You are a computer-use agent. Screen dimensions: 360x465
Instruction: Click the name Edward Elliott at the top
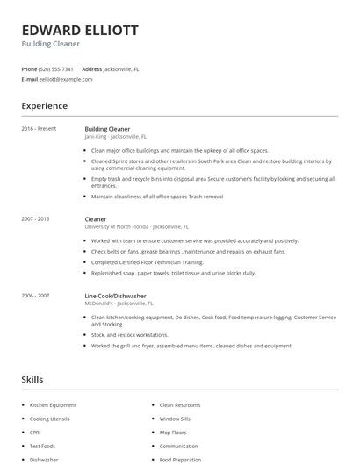tap(80, 30)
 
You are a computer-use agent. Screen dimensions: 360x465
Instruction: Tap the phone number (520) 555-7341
tap(56, 68)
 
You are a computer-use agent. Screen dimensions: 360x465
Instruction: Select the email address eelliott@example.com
tap(66, 79)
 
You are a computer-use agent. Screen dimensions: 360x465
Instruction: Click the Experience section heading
tap(44, 106)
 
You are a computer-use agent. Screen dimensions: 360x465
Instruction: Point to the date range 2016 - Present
tap(39, 129)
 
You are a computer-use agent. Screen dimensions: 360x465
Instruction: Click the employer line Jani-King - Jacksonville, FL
tap(116, 137)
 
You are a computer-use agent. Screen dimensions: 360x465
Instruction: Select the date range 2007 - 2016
tap(35, 218)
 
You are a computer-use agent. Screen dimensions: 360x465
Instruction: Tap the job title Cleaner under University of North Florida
tap(95, 218)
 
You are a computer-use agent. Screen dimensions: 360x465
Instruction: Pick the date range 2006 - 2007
tap(35, 296)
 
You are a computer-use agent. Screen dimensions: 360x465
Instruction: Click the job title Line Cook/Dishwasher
tap(116, 296)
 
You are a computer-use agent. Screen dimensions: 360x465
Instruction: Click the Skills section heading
tap(32, 380)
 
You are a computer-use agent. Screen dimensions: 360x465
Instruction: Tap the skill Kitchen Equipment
tap(53, 405)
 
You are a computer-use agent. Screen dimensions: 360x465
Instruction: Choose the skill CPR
tap(35, 433)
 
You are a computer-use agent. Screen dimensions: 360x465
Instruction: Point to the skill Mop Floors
tap(174, 433)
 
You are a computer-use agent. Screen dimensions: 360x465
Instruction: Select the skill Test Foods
tap(43, 446)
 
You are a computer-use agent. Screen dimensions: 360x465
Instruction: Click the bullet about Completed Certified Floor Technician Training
tap(148, 262)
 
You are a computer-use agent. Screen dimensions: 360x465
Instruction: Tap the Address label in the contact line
tap(91, 68)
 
